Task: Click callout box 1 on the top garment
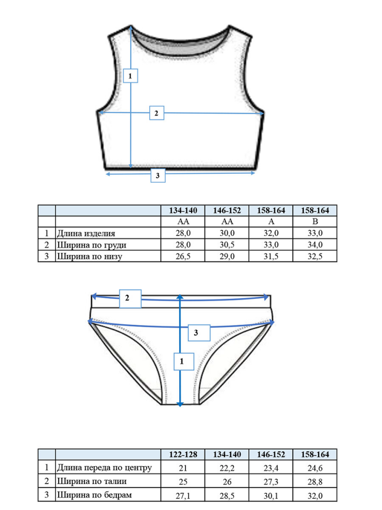coord(130,76)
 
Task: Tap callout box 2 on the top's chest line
coord(157,113)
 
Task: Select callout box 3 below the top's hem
coord(158,175)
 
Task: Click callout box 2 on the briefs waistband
coord(130,299)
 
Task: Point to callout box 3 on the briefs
coord(199,332)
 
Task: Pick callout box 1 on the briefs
coord(184,362)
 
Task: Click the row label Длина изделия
coord(86,233)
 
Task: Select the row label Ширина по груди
coord(92,245)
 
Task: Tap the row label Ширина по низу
coord(90,256)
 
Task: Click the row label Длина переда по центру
coord(104,467)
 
